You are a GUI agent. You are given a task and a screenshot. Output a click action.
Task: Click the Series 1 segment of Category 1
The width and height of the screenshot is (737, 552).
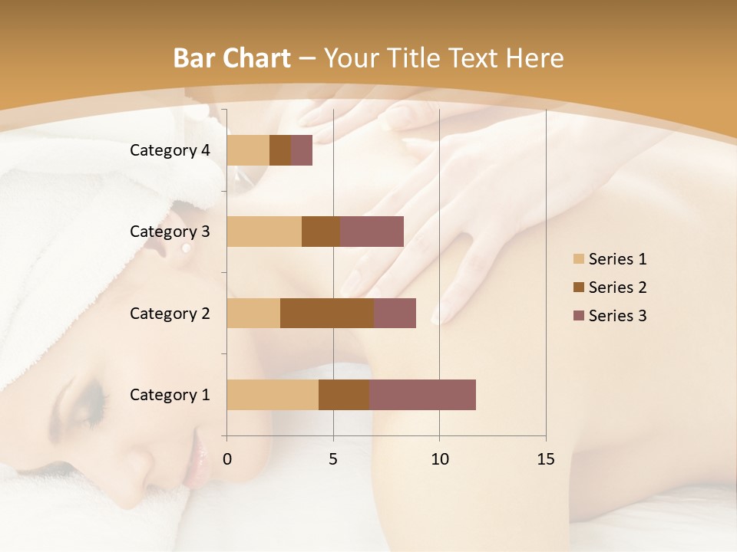pos(273,395)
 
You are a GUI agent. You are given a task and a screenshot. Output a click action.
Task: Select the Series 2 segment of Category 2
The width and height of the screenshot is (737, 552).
pos(327,313)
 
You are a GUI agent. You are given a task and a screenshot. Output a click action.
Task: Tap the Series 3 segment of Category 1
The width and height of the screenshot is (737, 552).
pos(422,395)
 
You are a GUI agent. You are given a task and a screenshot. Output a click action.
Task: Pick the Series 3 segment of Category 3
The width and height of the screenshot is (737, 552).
pos(372,232)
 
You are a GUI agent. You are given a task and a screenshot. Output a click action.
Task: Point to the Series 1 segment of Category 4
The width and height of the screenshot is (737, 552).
pos(248,150)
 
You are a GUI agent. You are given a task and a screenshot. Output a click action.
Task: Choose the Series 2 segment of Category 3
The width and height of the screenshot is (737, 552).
pos(321,232)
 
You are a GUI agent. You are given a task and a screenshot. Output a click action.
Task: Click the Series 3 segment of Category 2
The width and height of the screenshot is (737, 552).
pos(395,313)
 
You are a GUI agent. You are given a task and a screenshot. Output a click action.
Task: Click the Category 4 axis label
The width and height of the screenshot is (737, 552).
pos(170,150)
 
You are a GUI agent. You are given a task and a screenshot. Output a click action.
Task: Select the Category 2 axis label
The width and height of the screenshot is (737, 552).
pos(170,313)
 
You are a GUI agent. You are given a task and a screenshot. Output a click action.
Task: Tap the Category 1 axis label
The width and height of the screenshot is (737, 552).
pos(170,395)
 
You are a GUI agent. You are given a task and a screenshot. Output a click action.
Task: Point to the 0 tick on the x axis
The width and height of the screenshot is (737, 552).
pos(227,459)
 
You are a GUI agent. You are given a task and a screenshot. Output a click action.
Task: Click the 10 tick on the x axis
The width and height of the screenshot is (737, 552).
pos(439,459)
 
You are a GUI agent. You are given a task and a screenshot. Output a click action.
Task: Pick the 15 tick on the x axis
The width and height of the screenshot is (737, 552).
pos(546,459)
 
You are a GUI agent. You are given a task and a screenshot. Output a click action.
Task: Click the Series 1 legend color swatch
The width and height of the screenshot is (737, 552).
pos(578,259)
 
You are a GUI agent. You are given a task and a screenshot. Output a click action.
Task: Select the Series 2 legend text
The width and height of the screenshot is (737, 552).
pos(617,287)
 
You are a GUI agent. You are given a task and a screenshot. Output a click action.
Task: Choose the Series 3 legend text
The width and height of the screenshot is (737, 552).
pos(617,316)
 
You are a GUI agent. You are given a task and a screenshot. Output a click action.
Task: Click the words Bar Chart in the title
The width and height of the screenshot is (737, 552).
pos(232,58)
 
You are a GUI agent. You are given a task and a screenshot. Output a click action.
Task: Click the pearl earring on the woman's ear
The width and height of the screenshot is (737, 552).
pos(186,249)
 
